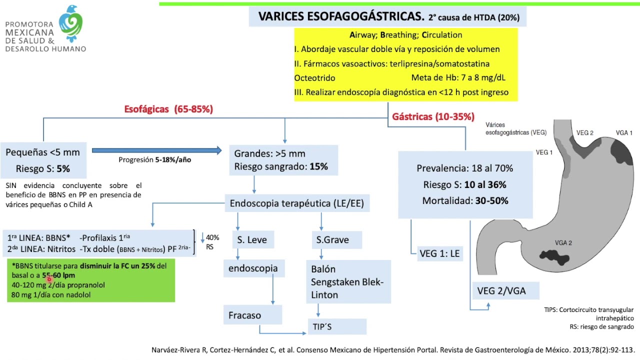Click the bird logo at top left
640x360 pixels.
pos(70,23)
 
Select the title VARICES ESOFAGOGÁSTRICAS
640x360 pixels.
pos(341,16)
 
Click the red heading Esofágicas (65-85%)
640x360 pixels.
pos(168,109)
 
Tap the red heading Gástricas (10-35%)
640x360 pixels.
pos(433,116)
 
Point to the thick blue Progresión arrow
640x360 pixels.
pos(156,150)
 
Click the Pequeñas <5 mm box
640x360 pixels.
pos(42,160)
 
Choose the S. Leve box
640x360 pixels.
pos(252,240)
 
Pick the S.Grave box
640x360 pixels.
pos(332,240)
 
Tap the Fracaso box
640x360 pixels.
pos(245,315)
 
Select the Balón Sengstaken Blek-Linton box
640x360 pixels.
pos(347,281)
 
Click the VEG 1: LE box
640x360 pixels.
pos(439,253)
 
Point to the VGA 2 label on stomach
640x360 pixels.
pos(563,243)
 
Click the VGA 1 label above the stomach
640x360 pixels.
pos(624,132)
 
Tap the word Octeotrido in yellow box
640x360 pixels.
pos(314,78)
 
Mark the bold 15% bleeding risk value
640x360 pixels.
pos(318,166)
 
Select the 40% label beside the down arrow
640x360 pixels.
pos(212,237)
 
